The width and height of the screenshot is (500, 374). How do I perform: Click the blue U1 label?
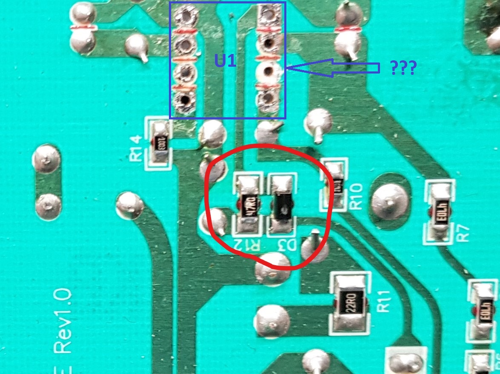(x=225, y=62)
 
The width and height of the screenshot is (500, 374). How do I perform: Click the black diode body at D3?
(x=281, y=206)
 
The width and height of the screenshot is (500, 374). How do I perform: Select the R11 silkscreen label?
(x=384, y=301)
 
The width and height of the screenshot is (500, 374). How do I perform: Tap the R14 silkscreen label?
(x=136, y=147)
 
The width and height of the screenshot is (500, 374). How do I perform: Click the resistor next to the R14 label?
(x=160, y=142)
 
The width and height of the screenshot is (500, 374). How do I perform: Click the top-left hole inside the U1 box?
(x=186, y=17)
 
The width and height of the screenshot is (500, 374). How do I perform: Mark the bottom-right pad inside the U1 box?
(x=267, y=99)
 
